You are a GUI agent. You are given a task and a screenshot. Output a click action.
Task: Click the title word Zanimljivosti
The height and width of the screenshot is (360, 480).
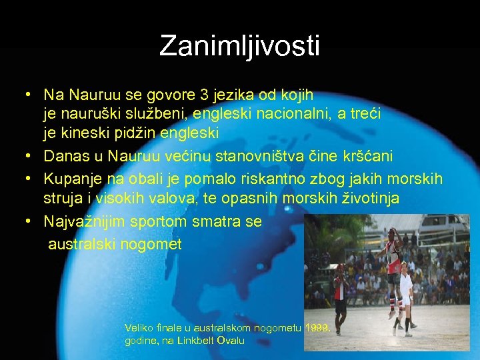(240, 46)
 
